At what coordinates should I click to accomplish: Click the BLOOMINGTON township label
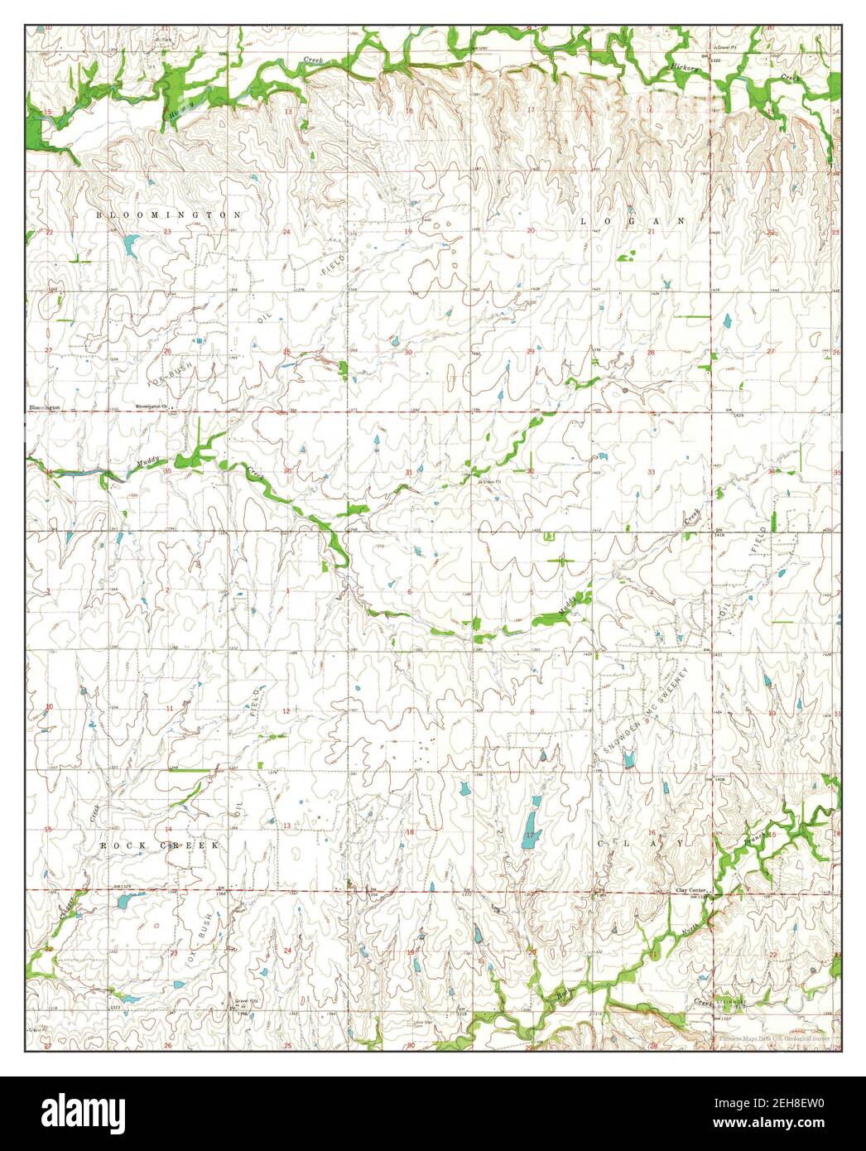(x=169, y=214)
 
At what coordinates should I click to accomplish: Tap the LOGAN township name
(x=633, y=221)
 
